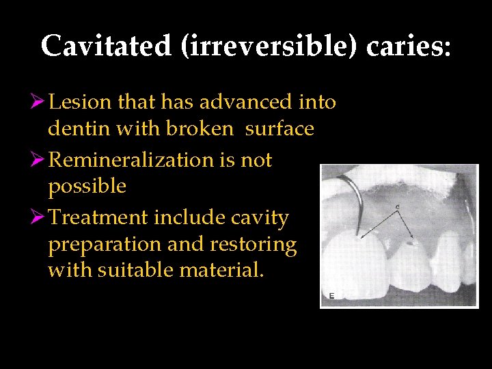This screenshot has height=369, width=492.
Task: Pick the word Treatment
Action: coord(102,218)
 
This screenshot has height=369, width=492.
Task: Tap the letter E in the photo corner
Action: coord(331,295)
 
